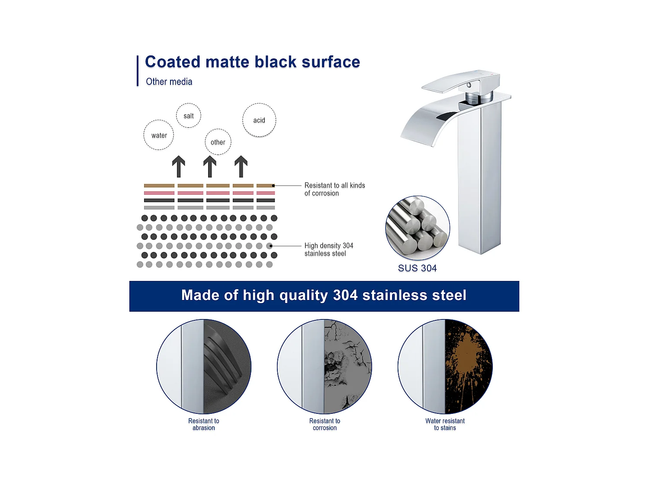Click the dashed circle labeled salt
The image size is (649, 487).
(x=189, y=116)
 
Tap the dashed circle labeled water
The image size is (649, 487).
(x=159, y=135)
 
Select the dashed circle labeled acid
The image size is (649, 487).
(x=259, y=120)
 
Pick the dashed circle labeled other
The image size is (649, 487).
(x=218, y=142)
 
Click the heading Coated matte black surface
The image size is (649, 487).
(x=252, y=62)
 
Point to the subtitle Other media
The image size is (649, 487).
(x=169, y=82)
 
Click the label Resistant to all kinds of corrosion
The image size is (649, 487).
(x=334, y=189)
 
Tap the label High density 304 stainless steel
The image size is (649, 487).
(x=328, y=249)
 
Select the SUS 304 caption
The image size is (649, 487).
(x=417, y=268)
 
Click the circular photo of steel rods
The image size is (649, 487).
(x=418, y=228)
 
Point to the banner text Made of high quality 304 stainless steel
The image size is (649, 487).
(x=324, y=295)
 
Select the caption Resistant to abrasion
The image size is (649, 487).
(x=203, y=424)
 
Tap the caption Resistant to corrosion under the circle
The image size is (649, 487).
(x=324, y=424)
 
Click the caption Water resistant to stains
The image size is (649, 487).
(x=445, y=424)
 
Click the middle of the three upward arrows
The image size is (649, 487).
(x=210, y=167)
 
